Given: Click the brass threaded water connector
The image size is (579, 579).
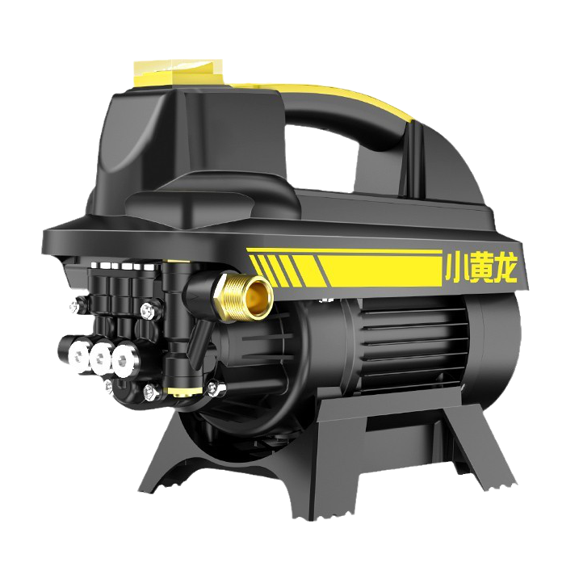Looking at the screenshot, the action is tap(245, 296).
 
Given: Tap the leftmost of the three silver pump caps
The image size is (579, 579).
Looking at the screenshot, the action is tap(78, 355).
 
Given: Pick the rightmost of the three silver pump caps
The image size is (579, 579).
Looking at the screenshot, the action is tap(124, 360).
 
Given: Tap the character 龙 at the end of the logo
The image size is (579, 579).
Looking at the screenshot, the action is tap(505, 270).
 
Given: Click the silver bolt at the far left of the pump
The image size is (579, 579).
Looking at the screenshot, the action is tap(74, 306).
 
